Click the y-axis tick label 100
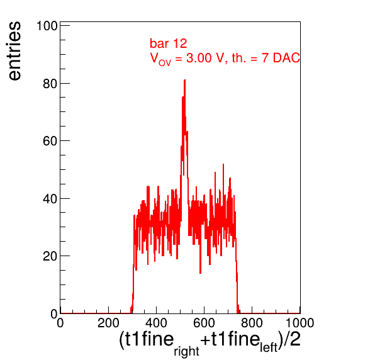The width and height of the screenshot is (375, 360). pos(47,26)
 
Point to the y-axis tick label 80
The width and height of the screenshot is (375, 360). pos(50,84)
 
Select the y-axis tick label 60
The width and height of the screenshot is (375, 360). pos(50,141)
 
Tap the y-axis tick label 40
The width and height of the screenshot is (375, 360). pos(50,199)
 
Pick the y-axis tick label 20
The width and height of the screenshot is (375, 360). pos(50,256)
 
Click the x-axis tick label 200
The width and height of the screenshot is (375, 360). pos(108,323)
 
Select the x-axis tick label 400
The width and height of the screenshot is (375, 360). pos(156,323)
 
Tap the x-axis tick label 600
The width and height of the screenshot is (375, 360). pos(204,323)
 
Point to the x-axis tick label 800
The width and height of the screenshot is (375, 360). pos(252,323)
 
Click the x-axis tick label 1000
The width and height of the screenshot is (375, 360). pos(299,323)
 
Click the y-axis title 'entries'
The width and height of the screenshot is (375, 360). pos(15,51)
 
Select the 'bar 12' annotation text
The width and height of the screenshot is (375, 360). pos(169,43)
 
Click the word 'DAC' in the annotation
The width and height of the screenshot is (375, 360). pos(286,58)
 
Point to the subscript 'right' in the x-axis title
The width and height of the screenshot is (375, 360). pos(186,351)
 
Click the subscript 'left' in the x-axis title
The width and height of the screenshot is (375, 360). pos(269,347)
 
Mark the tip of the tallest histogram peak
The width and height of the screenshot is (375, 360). pos(184,80)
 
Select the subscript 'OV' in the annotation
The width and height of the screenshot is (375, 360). pos(165,63)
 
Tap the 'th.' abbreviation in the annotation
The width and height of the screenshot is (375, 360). pos(239,58)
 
